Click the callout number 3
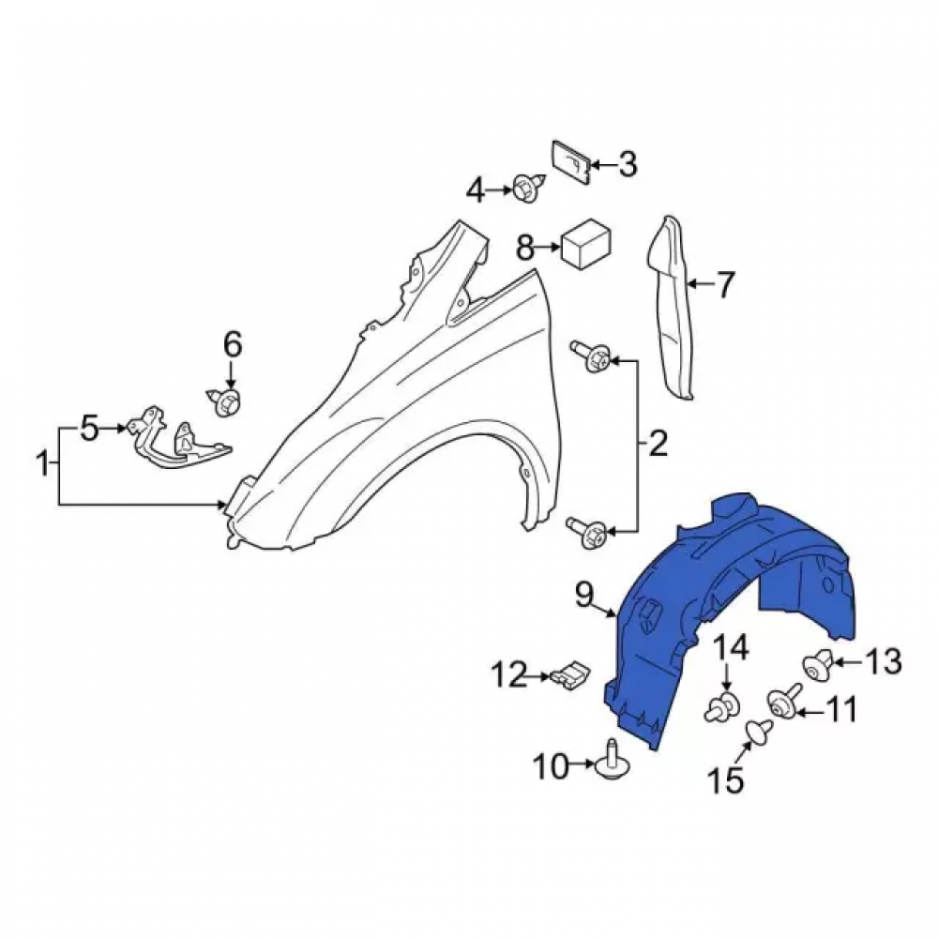coord(627,164)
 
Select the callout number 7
coord(724,285)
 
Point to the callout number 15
coord(726,780)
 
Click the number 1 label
coord(43,465)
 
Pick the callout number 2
coord(658,445)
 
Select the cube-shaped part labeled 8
coord(584,244)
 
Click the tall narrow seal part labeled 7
coord(672,308)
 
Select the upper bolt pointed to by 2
coord(593,358)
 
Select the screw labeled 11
coord(783,701)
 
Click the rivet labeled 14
coord(723,706)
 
